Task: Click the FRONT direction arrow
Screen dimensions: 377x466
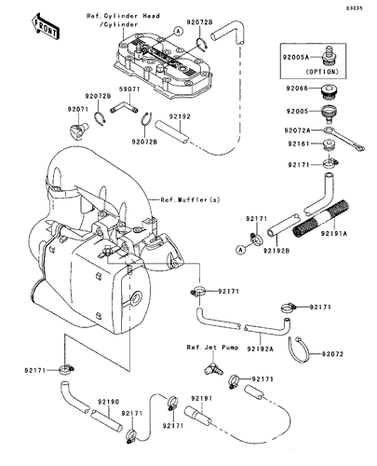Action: pyautogui.click(x=46, y=27)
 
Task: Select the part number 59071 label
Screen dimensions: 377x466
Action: pyautogui.click(x=129, y=89)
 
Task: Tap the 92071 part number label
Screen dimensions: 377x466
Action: pyautogui.click(x=78, y=109)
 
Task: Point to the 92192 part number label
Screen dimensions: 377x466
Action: pyautogui.click(x=180, y=116)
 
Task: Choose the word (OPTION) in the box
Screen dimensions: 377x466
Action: pyautogui.click(x=322, y=72)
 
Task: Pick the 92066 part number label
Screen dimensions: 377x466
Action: pyautogui.click(x=297, y=89)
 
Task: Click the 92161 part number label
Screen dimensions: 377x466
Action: pyautogui.click(x=299, y=144)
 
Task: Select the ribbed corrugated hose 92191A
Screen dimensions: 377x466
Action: pyautogui.click(x=321, y=221)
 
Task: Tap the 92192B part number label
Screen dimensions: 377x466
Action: pyautogui.click(x=276, y=250)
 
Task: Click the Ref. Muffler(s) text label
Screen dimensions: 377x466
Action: pyautogui.click(x=190, y=199)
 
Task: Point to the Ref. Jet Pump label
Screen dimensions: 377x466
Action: pyautogui.click(x=212, y=348)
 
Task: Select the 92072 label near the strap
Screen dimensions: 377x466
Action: pyautogui.click(x=332, y=354)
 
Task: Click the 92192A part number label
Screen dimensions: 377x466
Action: pyautogui.click(x=261, y=349)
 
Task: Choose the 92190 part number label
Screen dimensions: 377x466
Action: pyautogui.click(x=109, y=402)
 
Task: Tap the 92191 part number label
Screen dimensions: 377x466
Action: pyautogui.click(x=202, y=398)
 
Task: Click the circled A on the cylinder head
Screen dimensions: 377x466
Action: pyautogui.click(x=178, y=31)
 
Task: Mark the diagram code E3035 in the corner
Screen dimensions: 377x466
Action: pyautogui.click(x=355, y=8)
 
